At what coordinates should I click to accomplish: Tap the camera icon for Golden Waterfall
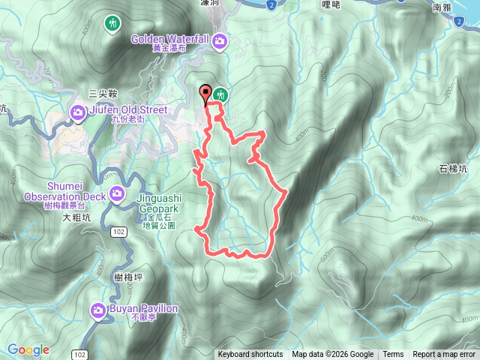(x=220, y=43)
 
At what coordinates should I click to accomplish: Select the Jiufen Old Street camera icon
(x=78, y=113)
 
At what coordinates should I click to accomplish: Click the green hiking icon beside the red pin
(x=220, y=94)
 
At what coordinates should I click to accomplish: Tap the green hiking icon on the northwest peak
(x=112, y=23)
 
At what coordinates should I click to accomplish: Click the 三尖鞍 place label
(x=103, y=94)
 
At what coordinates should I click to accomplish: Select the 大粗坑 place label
(x=76, y=218)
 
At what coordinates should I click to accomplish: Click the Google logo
(x=28, y=350)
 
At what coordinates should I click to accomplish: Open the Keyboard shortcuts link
(x=250, y=355)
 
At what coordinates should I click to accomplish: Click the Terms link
(x=393, y=355)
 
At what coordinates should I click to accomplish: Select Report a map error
(x=445, y=355)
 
